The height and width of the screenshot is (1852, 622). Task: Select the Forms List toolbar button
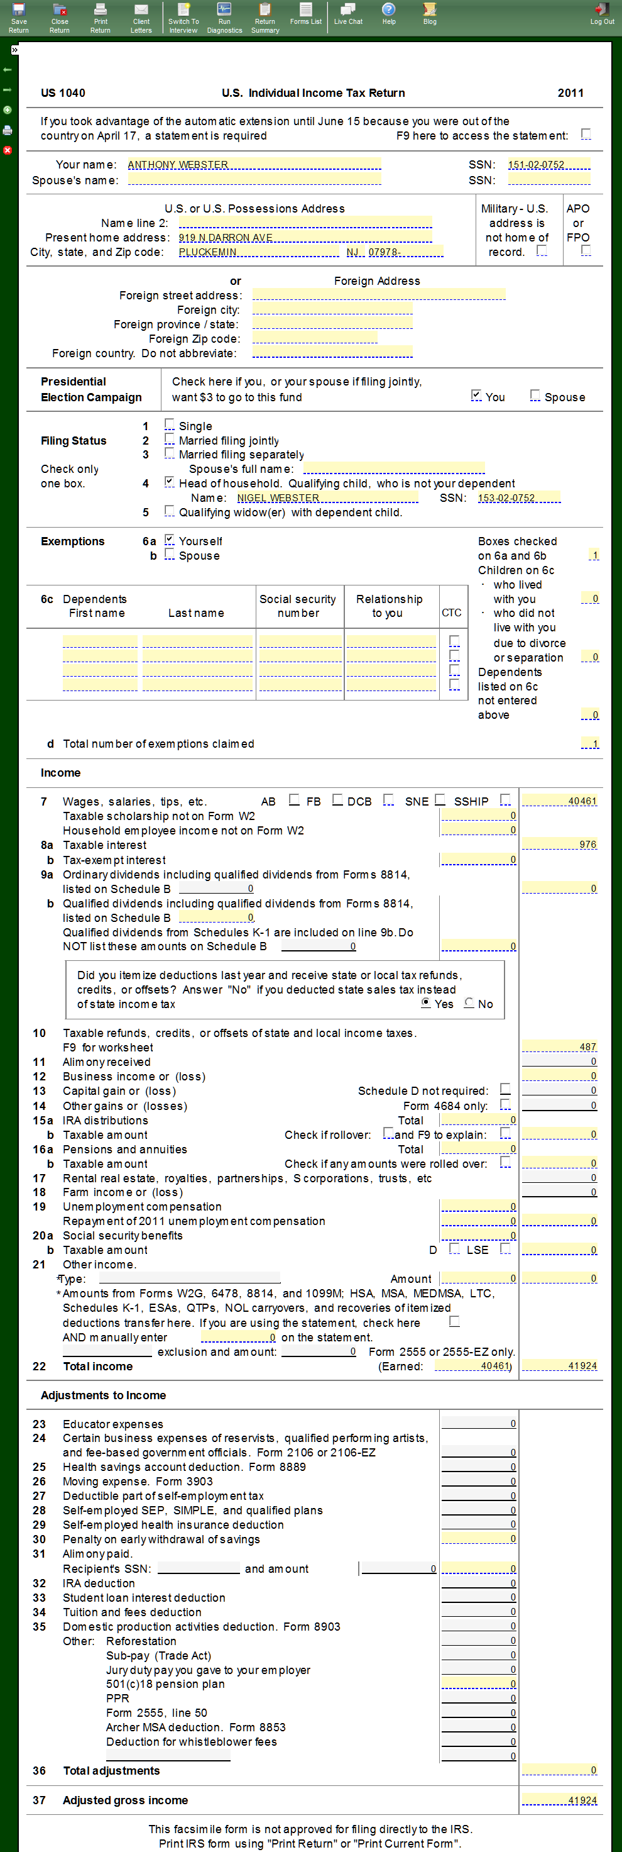tap(305, 14)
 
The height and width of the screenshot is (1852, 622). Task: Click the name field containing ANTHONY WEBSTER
tap(254, 165)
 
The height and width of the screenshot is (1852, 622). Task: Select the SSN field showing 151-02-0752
tap(548, 165)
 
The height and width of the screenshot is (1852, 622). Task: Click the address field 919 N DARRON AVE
tap(305, 237)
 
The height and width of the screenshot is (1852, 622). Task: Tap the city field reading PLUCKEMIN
tap(259, 252)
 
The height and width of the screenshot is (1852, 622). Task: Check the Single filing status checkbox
tap(170, 424)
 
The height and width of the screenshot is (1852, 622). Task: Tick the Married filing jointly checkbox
tap(170, 438)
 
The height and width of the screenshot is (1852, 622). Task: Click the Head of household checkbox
tap(170, 482)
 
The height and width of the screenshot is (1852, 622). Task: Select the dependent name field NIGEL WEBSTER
tap(327, 497)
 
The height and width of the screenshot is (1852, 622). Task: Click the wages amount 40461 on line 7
tap(560, 801)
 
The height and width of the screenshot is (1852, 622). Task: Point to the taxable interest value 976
tap(560, 844)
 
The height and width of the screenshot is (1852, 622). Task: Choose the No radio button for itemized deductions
tap(470, 1003)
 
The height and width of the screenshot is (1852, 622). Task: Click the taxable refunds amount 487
tap(560, 1047)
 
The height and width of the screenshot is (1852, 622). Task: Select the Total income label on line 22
tap(97, 1366)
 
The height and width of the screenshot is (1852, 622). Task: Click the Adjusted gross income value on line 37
tap(560, 1800)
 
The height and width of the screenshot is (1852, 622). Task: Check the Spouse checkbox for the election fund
tap(535, 396)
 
